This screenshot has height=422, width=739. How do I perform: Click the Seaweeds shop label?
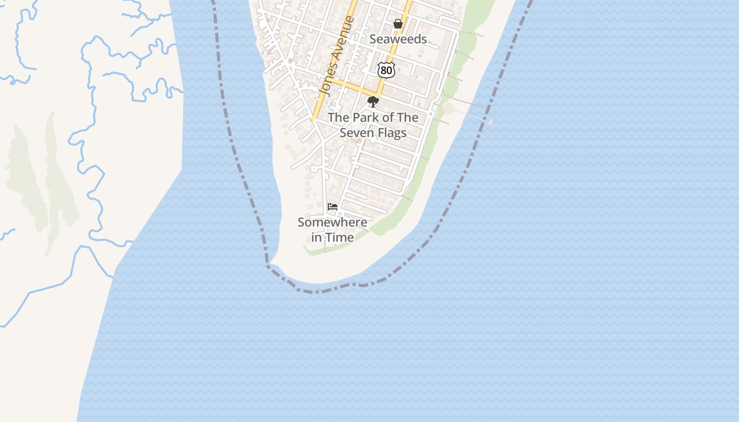tap(398, 39)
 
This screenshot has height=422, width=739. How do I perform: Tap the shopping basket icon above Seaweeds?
tap(398, 24)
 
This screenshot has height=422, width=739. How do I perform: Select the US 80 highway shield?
tap(386, 69)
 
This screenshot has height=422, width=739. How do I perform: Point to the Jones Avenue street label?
tap(337, 56)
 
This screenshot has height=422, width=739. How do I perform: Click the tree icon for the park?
tap(373, 102)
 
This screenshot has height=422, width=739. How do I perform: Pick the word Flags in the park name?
tap(391, 132)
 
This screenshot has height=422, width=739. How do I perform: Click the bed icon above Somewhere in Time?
tap(333, 207)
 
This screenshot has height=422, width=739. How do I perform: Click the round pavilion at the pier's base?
tap(448, 109)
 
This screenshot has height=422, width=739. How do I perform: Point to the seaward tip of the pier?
tap(491, 122)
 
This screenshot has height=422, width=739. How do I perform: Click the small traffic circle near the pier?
tap(431, 113)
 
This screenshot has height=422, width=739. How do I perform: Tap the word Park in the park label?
tap(366, 118)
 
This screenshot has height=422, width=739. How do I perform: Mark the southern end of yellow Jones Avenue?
tap(312, 120)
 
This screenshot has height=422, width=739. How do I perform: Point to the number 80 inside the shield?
tap(386, 70)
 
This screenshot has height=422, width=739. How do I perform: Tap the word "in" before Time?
tap(317, 237)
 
